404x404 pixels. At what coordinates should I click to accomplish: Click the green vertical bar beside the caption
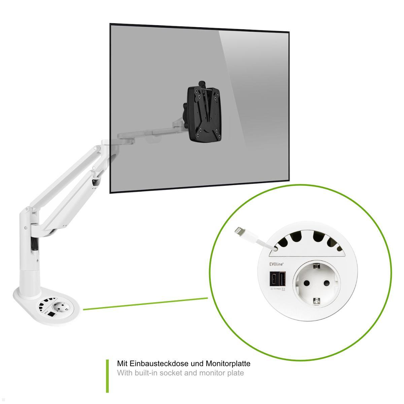coord(108,376)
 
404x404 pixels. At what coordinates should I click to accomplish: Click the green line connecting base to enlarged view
coord(145,303)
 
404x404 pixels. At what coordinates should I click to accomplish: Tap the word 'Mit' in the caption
coord(122,364)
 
